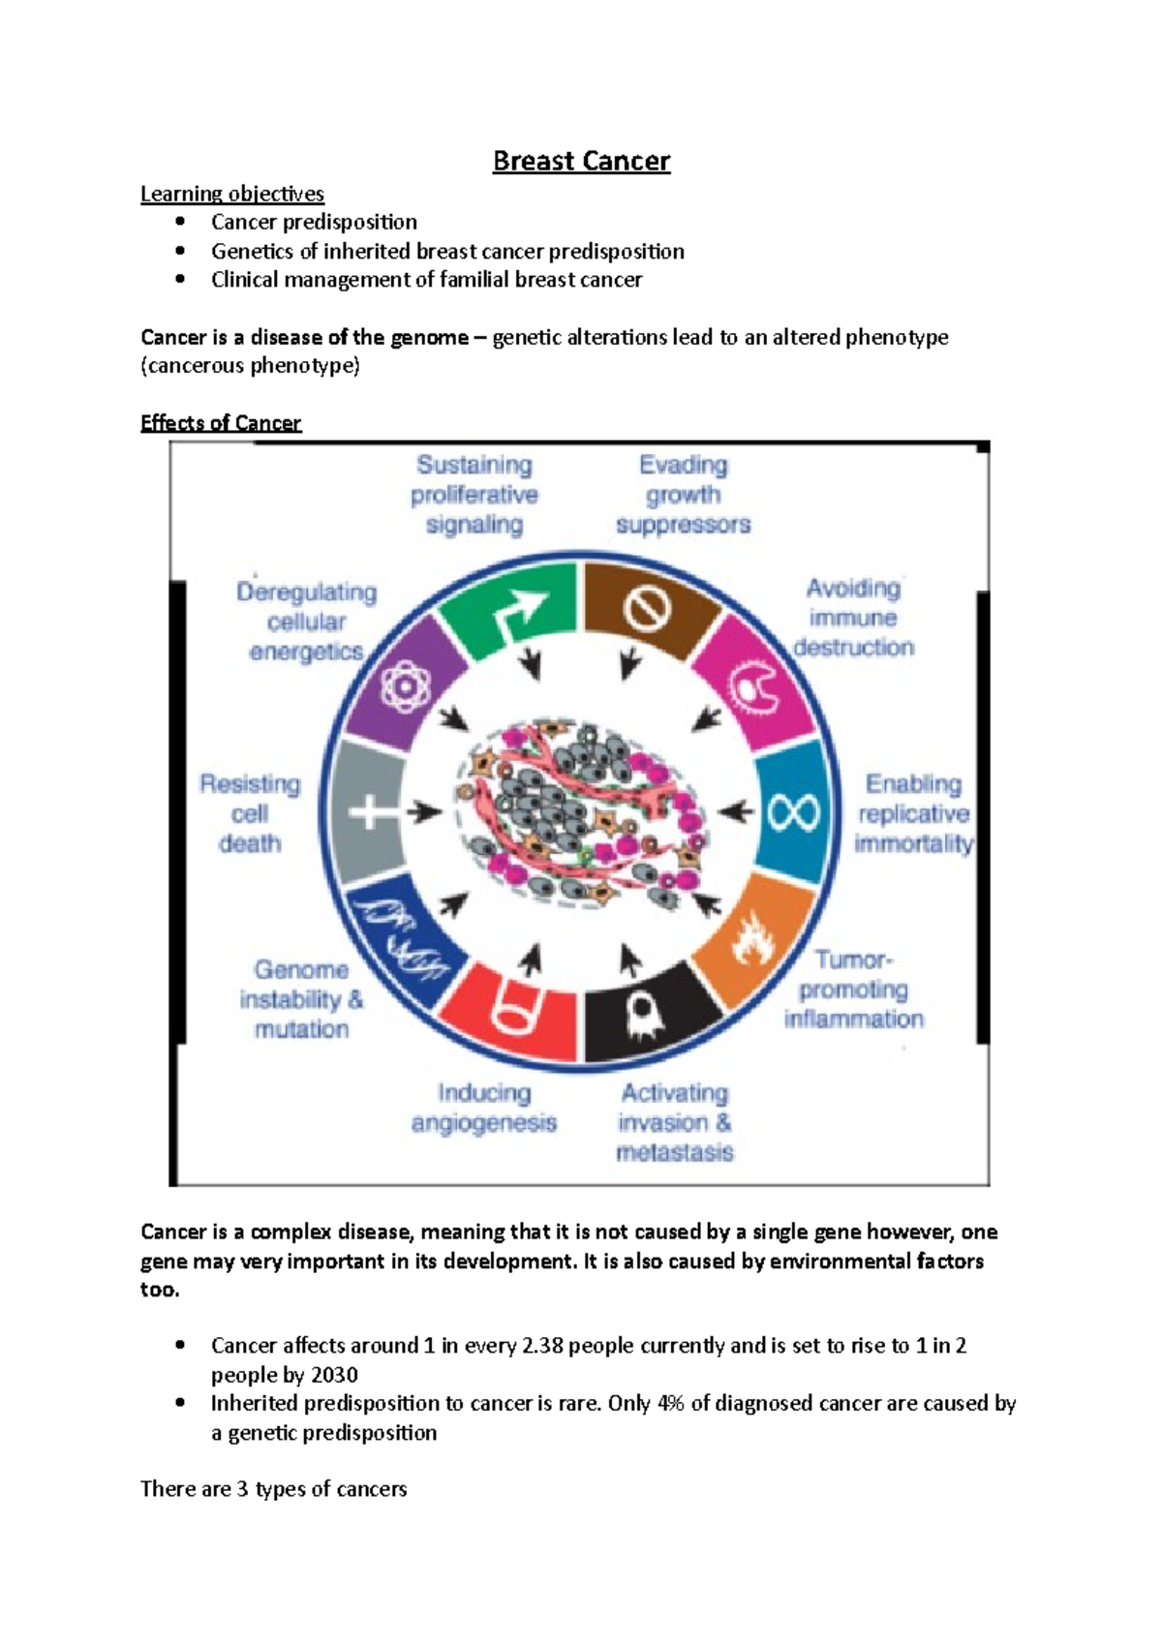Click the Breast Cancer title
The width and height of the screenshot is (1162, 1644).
point(581,161)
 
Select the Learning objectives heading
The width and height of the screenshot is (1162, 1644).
point(232,194)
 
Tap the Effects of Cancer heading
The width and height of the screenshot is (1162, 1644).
point(221,423)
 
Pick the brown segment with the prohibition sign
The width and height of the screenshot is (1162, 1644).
point(646,610)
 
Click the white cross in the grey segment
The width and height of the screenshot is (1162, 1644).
point(372,811)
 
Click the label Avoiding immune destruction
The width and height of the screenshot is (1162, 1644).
point(853,618)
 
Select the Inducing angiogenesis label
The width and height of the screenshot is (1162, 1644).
point(483,1108)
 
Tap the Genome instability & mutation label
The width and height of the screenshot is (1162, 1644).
point(301,999)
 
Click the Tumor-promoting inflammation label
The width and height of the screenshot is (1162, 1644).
point(853,989)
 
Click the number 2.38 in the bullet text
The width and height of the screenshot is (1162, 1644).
point(542,1346)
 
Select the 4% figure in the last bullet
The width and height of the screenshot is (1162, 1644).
point(670,1403)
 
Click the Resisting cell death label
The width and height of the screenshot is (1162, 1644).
point(250,813)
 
